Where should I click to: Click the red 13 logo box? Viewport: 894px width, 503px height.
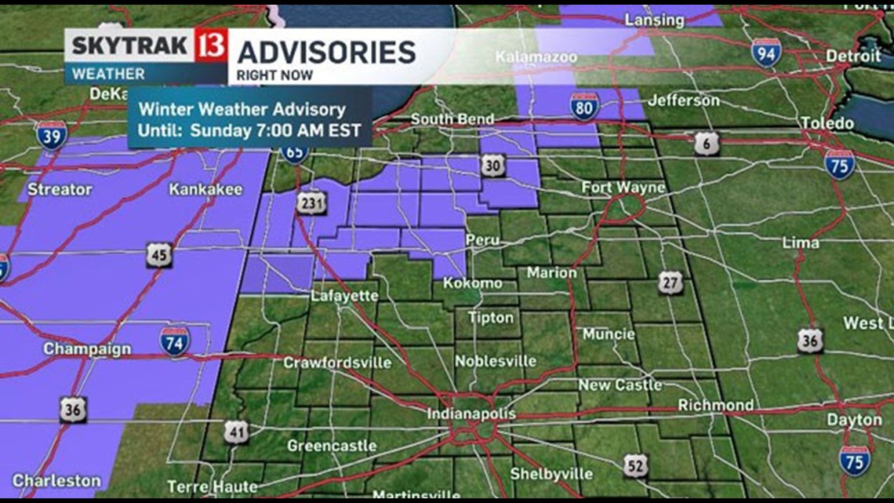point(213,45)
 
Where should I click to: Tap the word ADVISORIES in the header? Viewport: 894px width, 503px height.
point(326,52)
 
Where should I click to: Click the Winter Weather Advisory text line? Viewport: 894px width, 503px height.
point(242,110)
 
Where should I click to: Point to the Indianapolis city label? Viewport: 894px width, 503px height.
point(471,414)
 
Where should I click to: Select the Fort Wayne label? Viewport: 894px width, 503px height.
point(623,188)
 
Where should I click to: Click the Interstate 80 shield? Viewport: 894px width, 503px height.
point(584,106)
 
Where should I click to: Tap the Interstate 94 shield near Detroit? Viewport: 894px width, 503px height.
point(765,52)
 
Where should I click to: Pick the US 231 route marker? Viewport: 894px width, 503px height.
point(307,202)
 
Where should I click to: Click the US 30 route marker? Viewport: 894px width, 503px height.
point(493,166)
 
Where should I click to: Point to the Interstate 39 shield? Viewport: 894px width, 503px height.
point(51,136)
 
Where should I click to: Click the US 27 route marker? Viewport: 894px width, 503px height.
point(670,283)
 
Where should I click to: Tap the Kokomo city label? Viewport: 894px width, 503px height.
point(472,282)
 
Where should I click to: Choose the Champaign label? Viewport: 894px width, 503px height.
point(87,349)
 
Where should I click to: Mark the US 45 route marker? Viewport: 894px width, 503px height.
point(158,254)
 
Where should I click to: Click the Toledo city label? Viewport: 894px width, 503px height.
point(827,124)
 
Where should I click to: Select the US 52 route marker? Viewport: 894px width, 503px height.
point(636,465)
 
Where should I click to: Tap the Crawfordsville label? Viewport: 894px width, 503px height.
point(337,363)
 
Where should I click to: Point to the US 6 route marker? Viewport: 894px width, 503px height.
point(706,143)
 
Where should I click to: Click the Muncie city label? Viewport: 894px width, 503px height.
point(609,334)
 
